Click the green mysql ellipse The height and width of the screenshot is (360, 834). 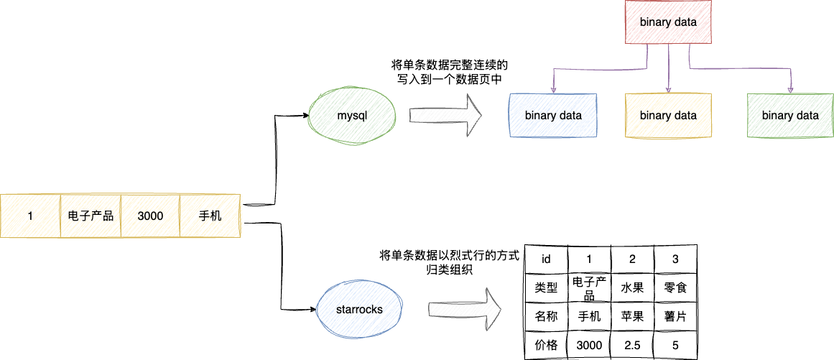pos(351,116)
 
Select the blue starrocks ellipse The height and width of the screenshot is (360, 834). pos(359,310)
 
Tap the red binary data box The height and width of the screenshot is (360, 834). pos(668,22)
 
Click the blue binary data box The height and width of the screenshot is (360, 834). pos(553,115)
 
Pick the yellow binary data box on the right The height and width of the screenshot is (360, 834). pos(668,115)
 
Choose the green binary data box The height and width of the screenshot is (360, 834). pos(790,115)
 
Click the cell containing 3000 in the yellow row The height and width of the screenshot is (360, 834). pos(150,216)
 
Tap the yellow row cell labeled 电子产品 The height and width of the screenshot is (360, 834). pos(91,216)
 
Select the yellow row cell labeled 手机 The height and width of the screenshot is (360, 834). pos(210,216)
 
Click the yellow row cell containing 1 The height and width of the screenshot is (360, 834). pos(30,216)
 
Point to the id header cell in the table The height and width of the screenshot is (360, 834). pos(546,259)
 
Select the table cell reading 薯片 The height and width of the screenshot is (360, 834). pos(675,316)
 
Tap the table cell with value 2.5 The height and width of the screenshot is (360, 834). pos(632,345)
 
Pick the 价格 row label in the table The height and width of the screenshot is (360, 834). pos(546,345)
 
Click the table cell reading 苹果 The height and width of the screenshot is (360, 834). pos(632,316)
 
